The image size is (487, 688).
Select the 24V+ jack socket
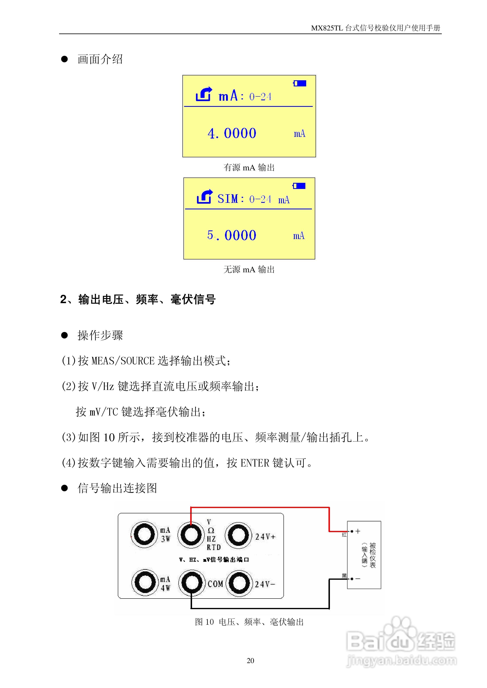coord(238,535)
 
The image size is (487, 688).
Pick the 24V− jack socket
coord(239,583)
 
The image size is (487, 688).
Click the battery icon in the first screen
coord(299,83)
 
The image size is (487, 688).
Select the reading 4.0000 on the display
coord(232,133)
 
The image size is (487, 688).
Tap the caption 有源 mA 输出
coord(249,168)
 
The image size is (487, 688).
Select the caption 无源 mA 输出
coord(249,270)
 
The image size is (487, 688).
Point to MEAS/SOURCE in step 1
coord(123,361)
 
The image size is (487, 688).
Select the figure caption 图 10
coord(204,622)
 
